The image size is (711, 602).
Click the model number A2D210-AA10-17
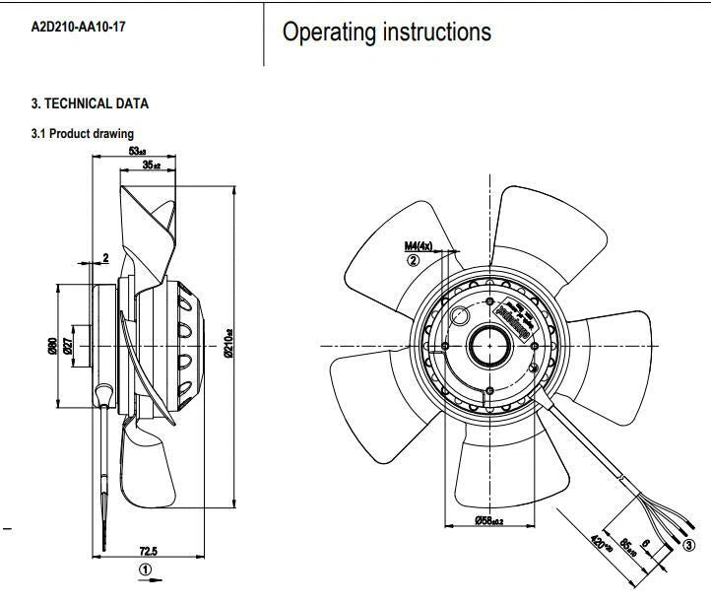click(x=78, y=27)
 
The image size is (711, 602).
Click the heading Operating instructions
click(x=386, y=33)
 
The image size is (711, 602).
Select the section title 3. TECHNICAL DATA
click(x=90, y=103)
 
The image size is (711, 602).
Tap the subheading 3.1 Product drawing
click(x=82, y=133)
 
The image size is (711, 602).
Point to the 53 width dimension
click(x=138, y=151)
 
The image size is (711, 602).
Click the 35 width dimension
click(x=151, y=167)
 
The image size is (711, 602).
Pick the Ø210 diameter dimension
click(x=228, y=342)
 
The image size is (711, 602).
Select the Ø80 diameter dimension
click(x=52, y=347)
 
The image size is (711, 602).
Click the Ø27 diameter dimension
click(x=67, y=347)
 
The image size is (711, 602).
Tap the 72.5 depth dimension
click(x=149, y=552)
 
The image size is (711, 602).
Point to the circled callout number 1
click(x=146, y=569)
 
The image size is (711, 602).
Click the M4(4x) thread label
click(x=419, y=245)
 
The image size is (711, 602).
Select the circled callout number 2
click(x=414, y=260)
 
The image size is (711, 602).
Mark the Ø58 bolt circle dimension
click(x=488, y=520)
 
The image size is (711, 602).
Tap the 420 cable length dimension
click(x=599, y=544)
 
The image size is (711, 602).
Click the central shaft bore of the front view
click(x=489, y=345)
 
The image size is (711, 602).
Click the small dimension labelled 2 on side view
click(x=105, y=258)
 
